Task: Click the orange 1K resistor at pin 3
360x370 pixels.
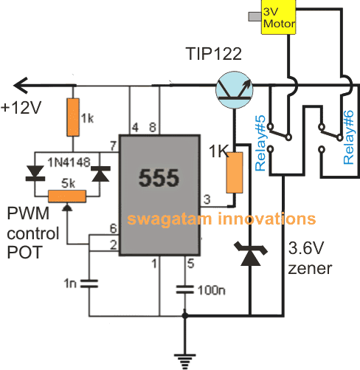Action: coord(235,172)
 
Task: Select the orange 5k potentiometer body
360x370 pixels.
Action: coord(66,196)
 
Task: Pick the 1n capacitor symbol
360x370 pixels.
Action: coord(89,282)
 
